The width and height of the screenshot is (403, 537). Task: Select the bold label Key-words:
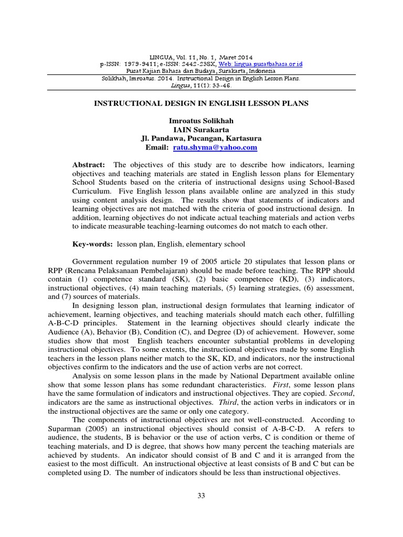point(92,244)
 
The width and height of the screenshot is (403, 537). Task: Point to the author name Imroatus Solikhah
point(201,121)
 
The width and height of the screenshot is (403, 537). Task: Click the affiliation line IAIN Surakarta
point(201,130)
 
